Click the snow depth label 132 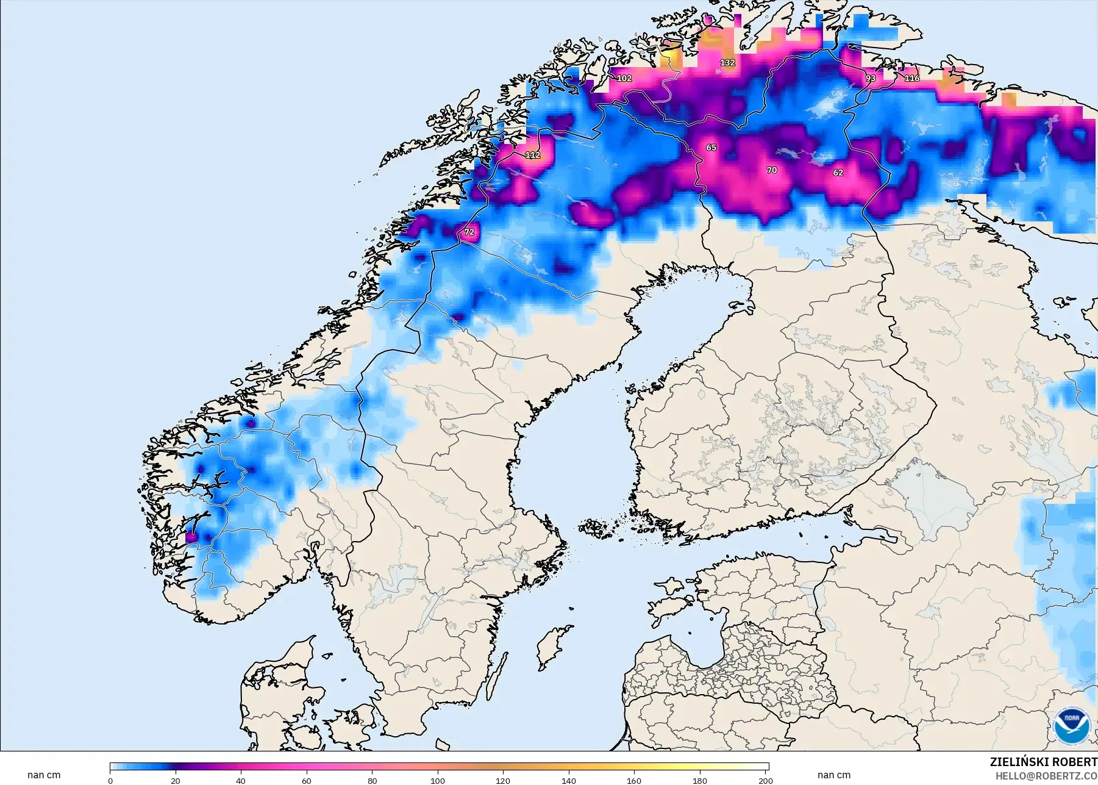(x=727, y=63)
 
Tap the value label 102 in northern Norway (x=624, y=78)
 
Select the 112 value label (x=532, y=155)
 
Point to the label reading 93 (x=871, y=78)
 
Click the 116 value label (x=911, y=78)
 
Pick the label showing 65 (x=711, y=148)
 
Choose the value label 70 (x=772, y=170)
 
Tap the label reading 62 (x=838, y=173)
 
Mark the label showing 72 (x=469, y=232)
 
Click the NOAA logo (x=1072, y=725)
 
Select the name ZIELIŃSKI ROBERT (x=1043, y=762)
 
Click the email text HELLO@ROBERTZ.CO (x=1046, y=776)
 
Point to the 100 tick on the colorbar (x=438, y=780)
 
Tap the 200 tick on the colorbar (x=766, y=780)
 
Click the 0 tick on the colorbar (x=110, y=780)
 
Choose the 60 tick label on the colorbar (x=307, y=780)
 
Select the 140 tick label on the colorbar (x=568, y=780)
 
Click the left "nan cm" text (x=44, y=775)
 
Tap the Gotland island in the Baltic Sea (x=550, y=648)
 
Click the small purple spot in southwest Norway (x=190, y=537)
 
